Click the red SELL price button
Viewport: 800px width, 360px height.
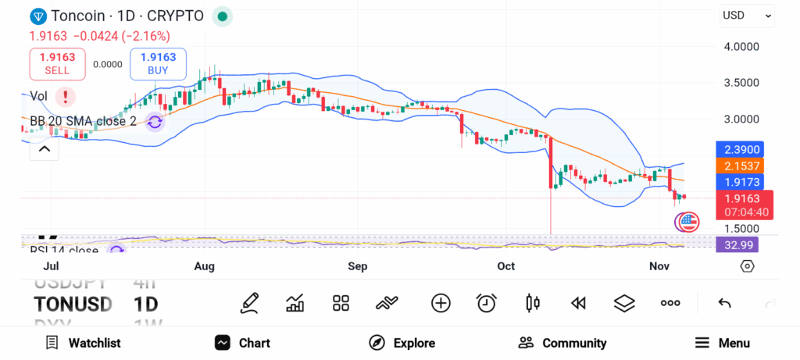click(57, 63)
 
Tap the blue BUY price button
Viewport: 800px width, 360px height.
click(158, 63)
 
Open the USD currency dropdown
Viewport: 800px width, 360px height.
click(747, 15)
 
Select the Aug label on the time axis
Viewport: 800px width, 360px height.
click(204, 266)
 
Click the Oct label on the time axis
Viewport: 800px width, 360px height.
click(506, 266)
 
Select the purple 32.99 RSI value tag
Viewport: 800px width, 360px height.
click(737, 245)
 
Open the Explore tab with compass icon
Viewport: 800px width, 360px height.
click(402, 343)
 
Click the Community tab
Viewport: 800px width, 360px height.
click(562, 343)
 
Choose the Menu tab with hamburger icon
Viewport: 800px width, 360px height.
click(722, 343)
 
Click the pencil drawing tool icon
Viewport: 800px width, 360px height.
click(250, 303)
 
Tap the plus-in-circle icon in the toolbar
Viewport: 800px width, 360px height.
click(441, 303)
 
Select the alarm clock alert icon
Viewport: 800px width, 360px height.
click(487, 303)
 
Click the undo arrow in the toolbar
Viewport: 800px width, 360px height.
click(724, 303)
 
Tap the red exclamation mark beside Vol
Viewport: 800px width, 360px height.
click(66, 96)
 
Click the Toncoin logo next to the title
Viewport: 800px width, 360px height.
click(37, 16)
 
